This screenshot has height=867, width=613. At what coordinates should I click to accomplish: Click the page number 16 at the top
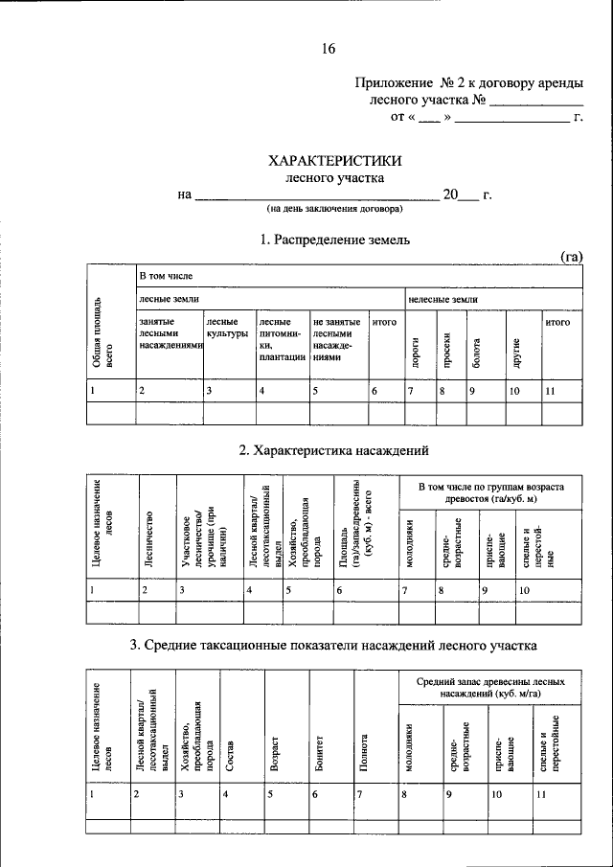pyautogui.click(x=329, y=49)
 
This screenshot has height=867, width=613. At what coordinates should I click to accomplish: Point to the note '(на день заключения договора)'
pyautogui.click(x=334, y=208)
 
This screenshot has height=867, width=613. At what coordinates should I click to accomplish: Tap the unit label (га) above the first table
pyautogui.click(x=571, y=256)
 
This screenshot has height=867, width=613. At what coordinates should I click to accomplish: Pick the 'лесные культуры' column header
pyautogui.click(x=227, y=329)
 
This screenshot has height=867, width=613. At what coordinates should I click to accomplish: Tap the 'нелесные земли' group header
pyautogui.click(x=443, y=300)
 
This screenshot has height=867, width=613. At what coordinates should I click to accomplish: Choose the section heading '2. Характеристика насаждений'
pyautogui.click(x=334, y=450)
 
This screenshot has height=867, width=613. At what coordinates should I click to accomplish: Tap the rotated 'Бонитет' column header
pyautogui.click(x=319, y=749)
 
